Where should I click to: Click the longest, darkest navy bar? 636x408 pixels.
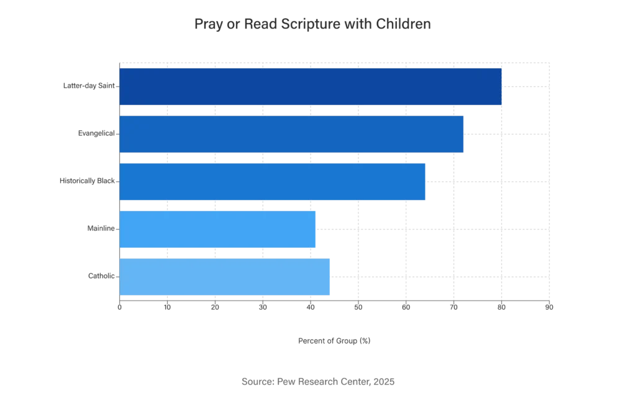pyautogui.click(x=311, y=86)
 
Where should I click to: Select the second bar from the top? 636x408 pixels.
pyautogui.click(x=293, y=134)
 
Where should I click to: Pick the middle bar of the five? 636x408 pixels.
pyautogui.click(x=273, y=181)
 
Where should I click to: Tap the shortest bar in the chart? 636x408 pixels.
pyautogui.click(x=218, y=229)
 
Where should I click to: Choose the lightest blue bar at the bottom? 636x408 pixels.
pyautogui.click(x=225, y=277)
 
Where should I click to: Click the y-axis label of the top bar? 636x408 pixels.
pyautogui.click(x=88, y=85)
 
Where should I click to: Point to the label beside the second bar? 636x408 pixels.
pyautogui.click(x=94, y=134)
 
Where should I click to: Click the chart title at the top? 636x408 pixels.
pyautogui.click(x=312, y=24)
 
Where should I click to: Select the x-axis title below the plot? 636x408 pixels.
pyautogui.click(x=335, y=340)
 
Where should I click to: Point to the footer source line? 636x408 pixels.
pyautogui.click(x=317, y=382)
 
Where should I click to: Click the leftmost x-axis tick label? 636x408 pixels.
pyautogui.click(x=119, y=307)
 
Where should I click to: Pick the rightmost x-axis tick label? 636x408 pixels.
pyautogui.click(x=549, y=307)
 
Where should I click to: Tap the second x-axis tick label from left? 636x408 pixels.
pyautogui.click(x=167, y=307)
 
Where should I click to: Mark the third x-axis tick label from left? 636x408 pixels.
pyautogui.click(x=215, y=307)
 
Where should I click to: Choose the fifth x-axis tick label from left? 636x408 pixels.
pyautogui.click(x=311, y=307)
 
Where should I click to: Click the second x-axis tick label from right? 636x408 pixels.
pyautogui.click(x=501, y=307)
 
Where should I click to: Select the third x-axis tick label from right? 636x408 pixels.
pyautogui.click(x=453, y=307)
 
